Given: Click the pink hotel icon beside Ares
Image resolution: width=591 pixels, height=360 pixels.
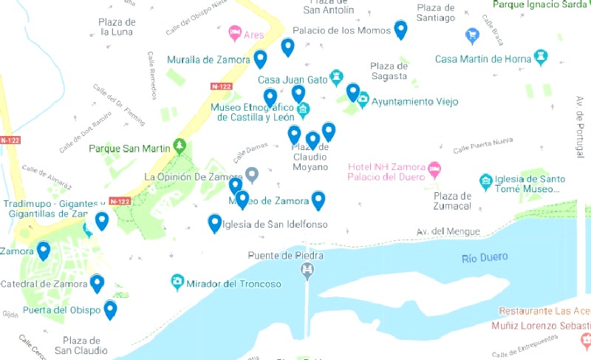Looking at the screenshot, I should [x=235, y=33].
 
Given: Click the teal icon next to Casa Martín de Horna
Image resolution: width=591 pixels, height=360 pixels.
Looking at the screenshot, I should [x=542, y=58].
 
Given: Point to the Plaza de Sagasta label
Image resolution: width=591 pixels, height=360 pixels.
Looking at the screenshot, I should [x=389, y=71].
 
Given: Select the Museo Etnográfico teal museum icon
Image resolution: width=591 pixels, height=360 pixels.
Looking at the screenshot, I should [x=303, y=111].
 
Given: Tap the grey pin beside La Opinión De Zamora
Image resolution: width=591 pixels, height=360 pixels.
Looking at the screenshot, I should [x=251, y=175].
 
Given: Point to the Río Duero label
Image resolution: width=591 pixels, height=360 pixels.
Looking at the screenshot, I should [x=485, y=257].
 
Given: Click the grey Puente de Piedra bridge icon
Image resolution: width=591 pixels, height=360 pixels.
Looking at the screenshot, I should [x=308, y=271].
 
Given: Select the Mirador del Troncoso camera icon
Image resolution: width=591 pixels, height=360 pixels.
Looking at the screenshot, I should [x=177, y=282].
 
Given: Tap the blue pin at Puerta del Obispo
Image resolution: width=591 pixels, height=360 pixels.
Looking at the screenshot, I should [x=110, y=308].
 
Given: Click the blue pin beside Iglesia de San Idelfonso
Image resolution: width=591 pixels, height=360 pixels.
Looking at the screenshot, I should [x=214, y=222].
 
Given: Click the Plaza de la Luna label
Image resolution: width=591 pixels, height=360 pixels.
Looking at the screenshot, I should [x=117, y=27].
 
